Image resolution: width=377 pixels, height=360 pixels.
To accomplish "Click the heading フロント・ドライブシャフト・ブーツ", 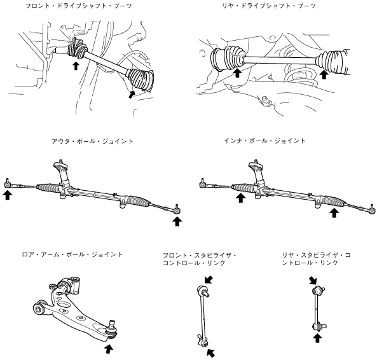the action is (79, 6).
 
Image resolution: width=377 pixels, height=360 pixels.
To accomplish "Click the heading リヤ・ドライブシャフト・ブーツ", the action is (269, 6).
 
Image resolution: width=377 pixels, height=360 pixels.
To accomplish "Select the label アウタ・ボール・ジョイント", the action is (92, 141).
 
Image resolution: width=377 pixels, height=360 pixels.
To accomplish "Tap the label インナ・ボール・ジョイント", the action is (264, 141).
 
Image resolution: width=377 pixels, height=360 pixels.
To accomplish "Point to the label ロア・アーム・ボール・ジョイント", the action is (72, 254).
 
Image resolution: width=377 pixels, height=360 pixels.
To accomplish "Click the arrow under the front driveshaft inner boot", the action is (76, 66).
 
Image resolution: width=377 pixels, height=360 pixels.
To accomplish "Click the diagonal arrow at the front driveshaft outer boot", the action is (131, 94).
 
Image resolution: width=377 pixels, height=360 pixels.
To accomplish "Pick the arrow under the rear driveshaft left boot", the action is (238, 73).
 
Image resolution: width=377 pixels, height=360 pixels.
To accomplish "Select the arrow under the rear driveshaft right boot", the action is (324, 74).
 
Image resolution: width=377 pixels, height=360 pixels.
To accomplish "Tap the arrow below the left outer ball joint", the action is (8, 195).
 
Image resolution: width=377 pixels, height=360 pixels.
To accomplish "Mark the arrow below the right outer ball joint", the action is (177, 221).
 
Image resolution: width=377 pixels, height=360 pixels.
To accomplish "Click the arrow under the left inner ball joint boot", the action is (241, 198).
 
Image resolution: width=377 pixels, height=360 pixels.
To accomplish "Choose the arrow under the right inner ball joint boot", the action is (334, 212).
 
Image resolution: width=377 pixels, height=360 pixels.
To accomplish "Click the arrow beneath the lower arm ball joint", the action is (109, 349).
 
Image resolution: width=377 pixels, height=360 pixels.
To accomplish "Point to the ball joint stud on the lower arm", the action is (112, 324).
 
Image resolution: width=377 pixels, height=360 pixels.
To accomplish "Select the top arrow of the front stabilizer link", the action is (209, 280).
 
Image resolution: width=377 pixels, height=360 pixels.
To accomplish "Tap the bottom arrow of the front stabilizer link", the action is (210, 353).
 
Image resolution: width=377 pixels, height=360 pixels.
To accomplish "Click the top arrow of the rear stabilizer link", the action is (313, 280).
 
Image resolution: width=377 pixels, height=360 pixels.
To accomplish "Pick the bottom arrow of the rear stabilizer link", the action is (318, 338).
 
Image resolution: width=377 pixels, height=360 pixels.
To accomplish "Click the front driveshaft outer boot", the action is (141, 80).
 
